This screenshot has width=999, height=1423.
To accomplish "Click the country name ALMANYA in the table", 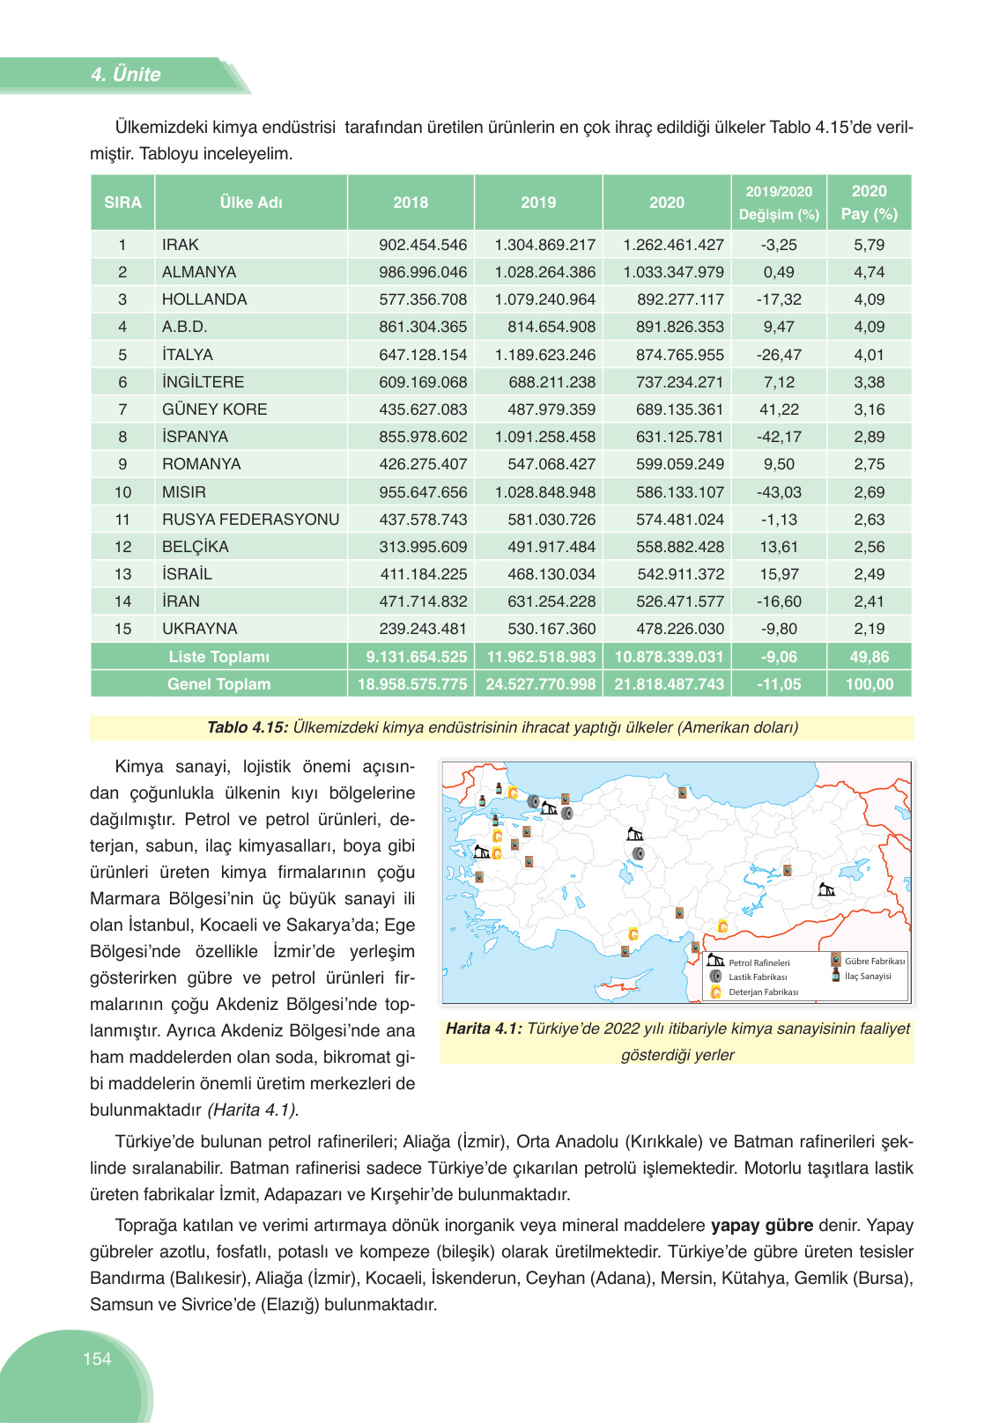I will tap(199, 272).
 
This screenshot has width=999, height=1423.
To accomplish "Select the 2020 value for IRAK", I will tap(673, 245).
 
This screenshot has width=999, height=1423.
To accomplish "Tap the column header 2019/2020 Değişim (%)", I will tap(779, 203).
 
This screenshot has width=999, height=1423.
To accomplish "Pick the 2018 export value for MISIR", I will tap(423, 492).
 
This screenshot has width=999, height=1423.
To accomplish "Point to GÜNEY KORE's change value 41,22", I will tap(779, 409).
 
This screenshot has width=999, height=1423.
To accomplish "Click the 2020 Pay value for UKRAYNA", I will tap(869, 629).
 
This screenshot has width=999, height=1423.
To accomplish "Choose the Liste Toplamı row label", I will tap(219, 657).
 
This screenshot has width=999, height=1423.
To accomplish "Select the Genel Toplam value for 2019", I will tap(540, 684).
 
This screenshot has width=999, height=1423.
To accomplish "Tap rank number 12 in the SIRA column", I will tap(122, 547).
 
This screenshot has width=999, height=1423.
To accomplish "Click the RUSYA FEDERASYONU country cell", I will tap(250, 520).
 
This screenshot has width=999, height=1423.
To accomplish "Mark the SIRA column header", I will tap(122, 203).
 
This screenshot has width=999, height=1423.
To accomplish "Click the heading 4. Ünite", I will tap(125, 75).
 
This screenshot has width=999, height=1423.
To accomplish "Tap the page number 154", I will tap(97, 1359).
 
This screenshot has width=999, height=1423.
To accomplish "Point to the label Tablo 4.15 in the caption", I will tap(247, 727).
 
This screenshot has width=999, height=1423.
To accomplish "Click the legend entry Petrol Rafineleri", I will tap(758, 962).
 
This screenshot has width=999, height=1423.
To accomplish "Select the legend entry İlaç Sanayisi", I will tap(868, 976).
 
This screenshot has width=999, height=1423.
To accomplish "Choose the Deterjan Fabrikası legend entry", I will tap(763, 992).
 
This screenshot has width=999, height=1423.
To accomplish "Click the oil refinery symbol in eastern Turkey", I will tap(826, 889).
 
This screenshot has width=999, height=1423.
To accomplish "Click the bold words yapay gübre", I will tap(762, 1225).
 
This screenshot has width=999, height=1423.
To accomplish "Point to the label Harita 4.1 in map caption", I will tap(484, 1029).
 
